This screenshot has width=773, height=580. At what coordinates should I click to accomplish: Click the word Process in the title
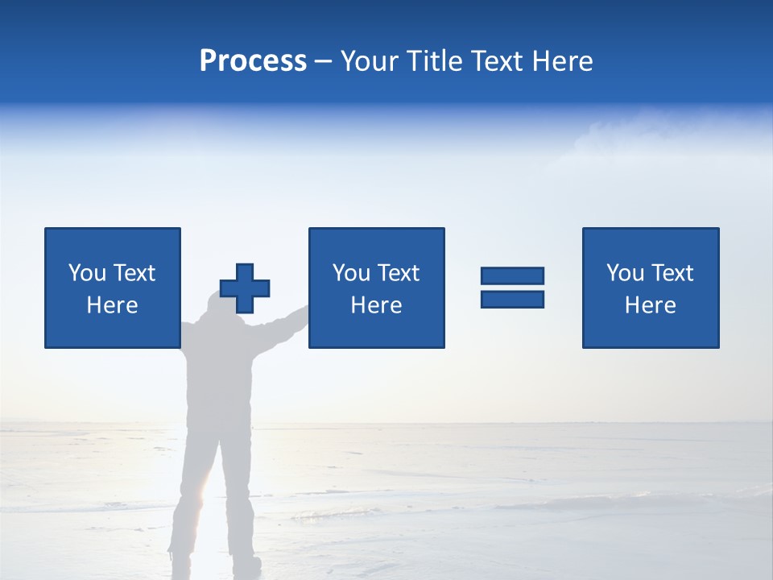click(x=253, y=61)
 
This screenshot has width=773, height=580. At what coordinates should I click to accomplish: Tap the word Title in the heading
click(x=432, y=61)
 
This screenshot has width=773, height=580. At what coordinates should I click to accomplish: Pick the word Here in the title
click(x=562, y=61)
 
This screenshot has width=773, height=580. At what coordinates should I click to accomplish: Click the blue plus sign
click(x=245, y=288)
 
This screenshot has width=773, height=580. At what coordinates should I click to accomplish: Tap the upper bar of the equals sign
click(x=512, y=275)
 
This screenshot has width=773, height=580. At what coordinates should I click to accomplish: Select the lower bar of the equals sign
click(x=512, y=299)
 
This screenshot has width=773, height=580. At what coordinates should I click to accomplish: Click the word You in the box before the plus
click(x=87, y=273)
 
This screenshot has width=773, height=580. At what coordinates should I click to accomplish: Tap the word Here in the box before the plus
click(x=113, y=305)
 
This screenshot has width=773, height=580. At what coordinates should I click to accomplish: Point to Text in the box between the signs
click(x=399, y=273)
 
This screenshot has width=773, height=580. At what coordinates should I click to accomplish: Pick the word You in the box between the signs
click(x=351, y=273)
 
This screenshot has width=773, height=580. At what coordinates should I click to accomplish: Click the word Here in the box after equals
click(x=651, y=305)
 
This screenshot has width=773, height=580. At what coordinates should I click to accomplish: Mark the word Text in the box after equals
click(x=672, y=273)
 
